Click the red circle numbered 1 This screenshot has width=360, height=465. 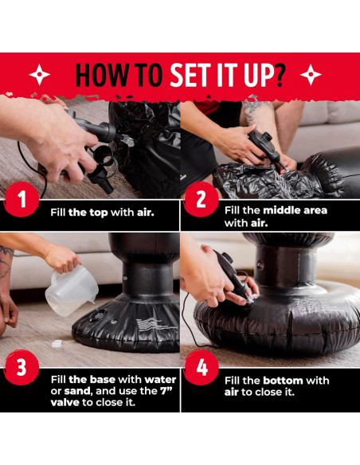point(22,199)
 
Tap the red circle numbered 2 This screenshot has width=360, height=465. point(201,199)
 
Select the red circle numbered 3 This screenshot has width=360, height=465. point(22,368)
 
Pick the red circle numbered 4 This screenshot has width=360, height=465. point(202,368)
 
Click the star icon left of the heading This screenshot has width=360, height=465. point(40,74)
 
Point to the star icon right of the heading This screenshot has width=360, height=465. point(311,74)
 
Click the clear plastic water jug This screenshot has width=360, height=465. point(72,290)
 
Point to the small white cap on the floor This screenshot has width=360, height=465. point(57,343)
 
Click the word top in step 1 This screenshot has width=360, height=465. point(99,213)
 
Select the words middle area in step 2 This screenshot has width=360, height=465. point(295,210)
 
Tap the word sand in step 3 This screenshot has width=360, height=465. point(77,391)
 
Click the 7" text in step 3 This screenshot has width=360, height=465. point(166,391)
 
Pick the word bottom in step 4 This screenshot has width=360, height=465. point(283,380)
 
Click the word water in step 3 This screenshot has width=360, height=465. point(160,379)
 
